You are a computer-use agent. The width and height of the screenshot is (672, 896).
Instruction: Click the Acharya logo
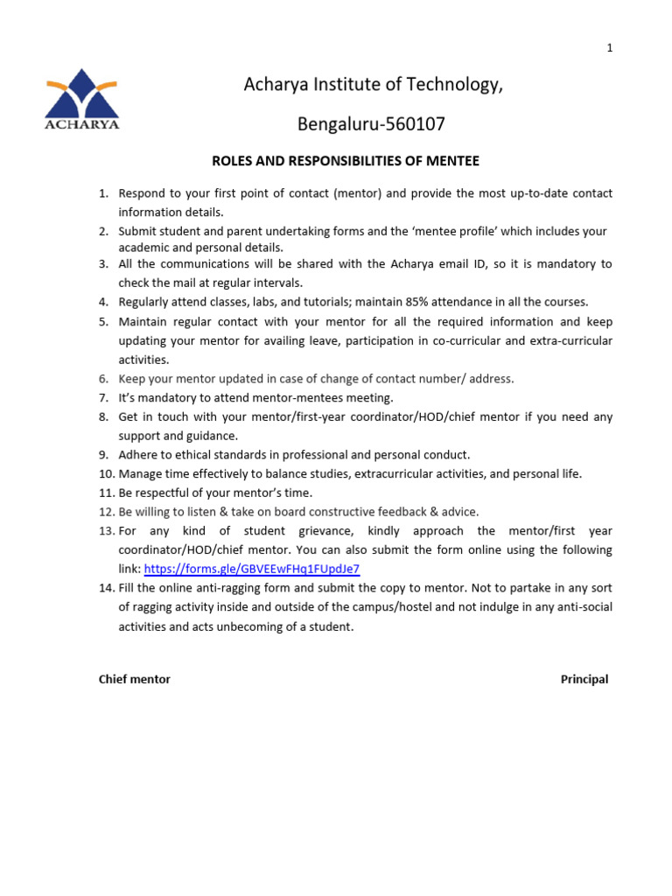pyautogui.click(x=82, y=99)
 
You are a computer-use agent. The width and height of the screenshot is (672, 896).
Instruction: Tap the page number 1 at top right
pyautogui.click(x=610, y=48)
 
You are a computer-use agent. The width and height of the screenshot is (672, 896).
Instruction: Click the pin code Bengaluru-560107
pyautogui.click(x=372, y=124)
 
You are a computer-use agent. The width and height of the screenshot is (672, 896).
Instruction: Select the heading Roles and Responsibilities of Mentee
pyautogui.click(x=346, y=161)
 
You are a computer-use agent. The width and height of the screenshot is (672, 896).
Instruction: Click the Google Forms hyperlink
pyautogui.click(x=251, y=569)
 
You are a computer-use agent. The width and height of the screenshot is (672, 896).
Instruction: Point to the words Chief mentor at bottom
pyautogui.click(x=135, y=680)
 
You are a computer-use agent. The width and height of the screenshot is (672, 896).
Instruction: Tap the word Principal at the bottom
pyautogui.click(x=584, y=680)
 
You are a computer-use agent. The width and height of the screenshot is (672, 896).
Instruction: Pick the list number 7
pyautogui.click(x=103, y=398)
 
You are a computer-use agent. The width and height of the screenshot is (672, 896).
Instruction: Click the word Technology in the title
pyautogui.click(x=451, y=86)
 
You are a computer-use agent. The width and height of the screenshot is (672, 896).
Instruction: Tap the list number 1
pyautogui.click(x=103, y=193)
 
